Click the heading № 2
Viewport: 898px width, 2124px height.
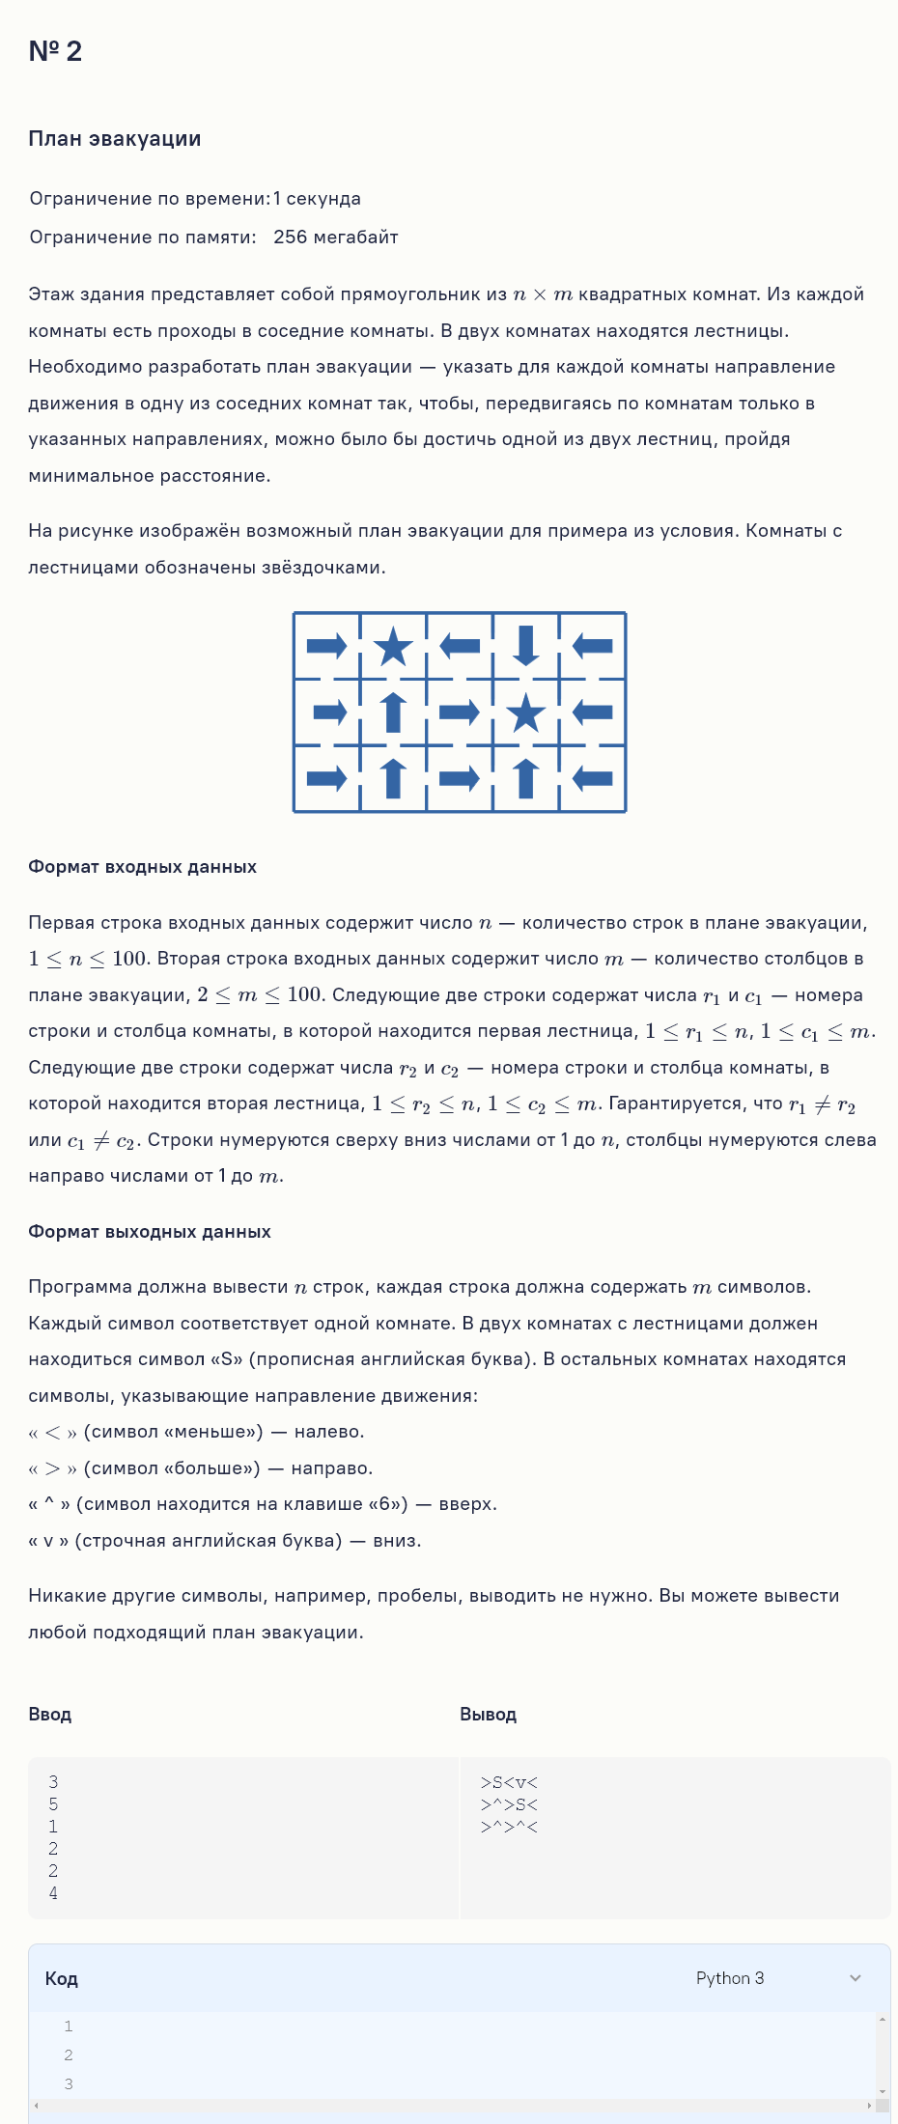point(55,51)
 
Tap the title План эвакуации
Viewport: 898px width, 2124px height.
point(115,139)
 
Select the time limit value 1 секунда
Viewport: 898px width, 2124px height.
point(317,199)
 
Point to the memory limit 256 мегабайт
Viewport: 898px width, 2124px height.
point(335,238)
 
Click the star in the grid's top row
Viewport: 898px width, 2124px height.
point(393,646)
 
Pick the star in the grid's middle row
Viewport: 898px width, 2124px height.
point(526,713)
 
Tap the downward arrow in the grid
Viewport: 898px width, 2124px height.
point(526,646)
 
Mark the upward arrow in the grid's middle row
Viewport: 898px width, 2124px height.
point(393,713)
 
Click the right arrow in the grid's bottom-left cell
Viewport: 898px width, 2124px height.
point(326,778)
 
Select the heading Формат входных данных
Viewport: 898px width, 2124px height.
point(142,867)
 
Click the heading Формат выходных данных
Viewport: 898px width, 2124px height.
point(149,1232)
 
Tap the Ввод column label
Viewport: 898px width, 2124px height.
point(50,1715)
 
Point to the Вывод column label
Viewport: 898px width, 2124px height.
point(488,1715)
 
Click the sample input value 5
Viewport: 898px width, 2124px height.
point(53,1804)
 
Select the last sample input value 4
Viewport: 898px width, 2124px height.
point(53,1893)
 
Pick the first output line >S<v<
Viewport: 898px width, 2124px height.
point(509,1782)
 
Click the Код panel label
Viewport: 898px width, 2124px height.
point(61,1979)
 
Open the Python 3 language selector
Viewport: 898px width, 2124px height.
point(730,1978)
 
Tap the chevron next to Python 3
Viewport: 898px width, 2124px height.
point(855,1978)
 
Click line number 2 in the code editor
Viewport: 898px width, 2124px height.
point(69,2055)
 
